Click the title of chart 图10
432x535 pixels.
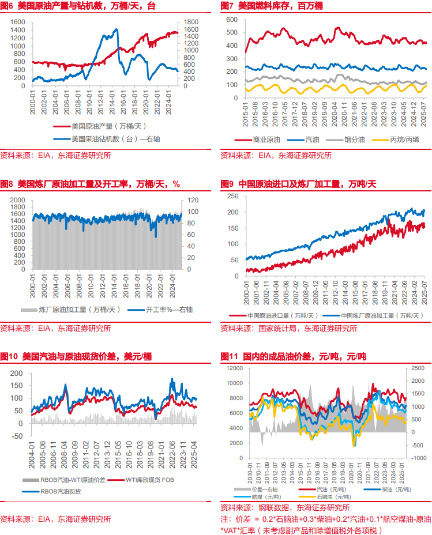pos(76,357)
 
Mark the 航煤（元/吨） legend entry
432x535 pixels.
pos(266,496)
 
